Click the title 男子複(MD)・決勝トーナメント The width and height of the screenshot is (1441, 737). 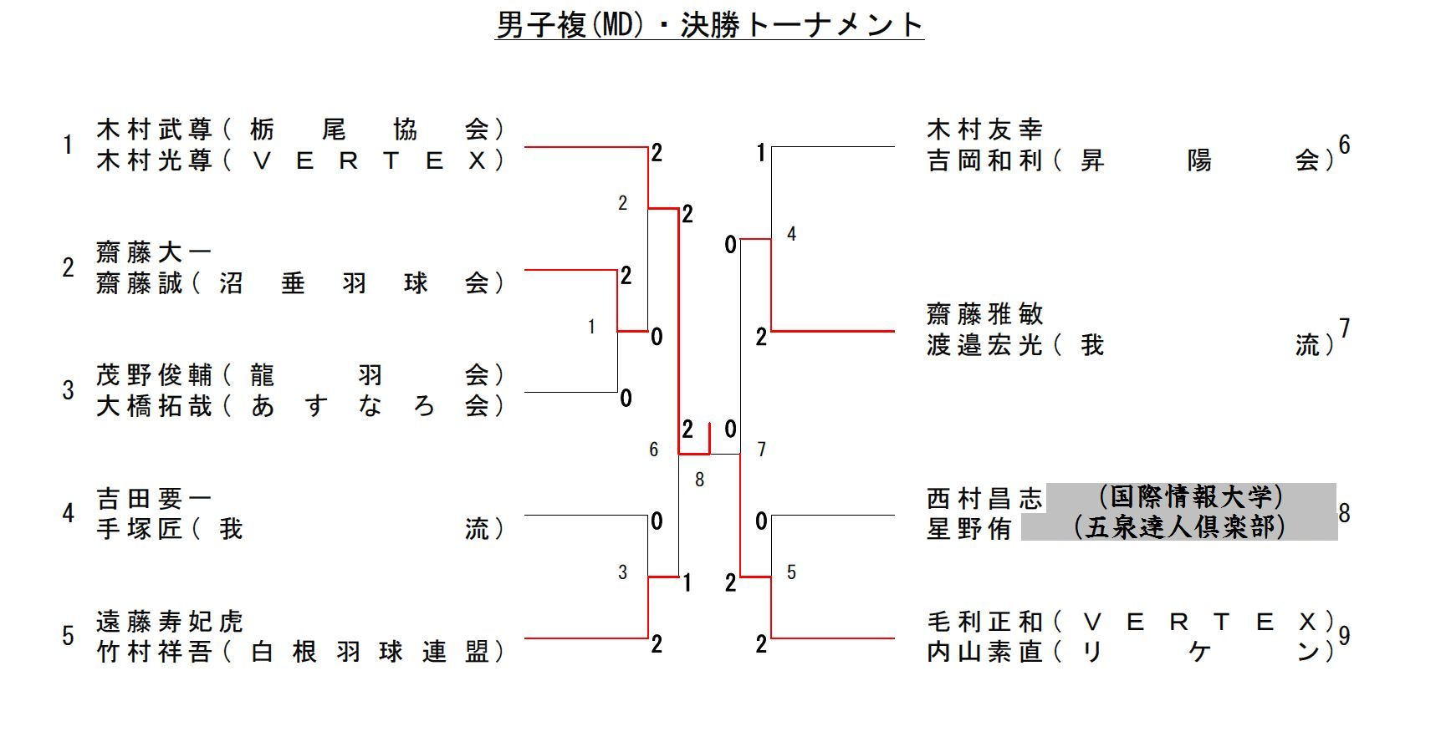(709, 24)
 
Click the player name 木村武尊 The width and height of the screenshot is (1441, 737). (155, 130)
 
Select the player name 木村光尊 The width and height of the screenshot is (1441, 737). (155, 160)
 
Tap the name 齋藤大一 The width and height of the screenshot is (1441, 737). (155, 252)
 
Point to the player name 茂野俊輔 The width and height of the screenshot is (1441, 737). (155, 375)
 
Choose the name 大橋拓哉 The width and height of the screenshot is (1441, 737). (155, 406)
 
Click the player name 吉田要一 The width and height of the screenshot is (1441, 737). (155, 499)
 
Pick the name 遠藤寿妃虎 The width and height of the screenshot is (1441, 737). (170, 622)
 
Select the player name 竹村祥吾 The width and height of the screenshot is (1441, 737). (155, 653)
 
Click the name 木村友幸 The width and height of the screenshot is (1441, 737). (984, 130)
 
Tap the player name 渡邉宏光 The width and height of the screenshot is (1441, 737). (984, 345)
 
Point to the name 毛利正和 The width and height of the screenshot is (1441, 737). (984, 622)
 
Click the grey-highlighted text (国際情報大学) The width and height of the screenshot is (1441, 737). (1190, 497)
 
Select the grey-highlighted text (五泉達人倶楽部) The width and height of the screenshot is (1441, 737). (1179, 527)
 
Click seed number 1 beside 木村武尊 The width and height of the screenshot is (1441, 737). (68, 145)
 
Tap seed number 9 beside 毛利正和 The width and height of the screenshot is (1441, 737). (1344, 637)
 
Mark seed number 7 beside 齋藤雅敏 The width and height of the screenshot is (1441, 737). (1344, 329)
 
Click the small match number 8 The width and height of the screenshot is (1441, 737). (699, 480)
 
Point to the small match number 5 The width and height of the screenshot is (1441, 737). (791, 572)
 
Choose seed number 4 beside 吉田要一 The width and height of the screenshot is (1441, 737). (68, 513)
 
